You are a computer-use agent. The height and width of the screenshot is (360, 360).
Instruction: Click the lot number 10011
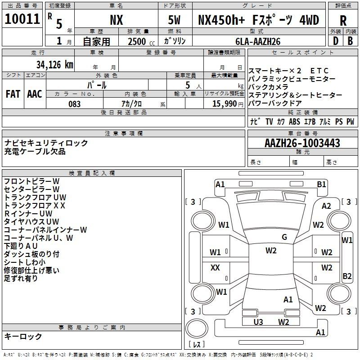[22, 19]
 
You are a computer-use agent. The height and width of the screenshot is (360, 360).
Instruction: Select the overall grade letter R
[343, 21]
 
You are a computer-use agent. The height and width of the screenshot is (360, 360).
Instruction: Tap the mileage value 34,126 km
[55, 65]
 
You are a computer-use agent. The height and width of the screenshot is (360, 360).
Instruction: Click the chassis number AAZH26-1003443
[302, 143]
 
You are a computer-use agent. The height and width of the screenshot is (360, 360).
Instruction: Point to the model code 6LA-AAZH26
[258, 41]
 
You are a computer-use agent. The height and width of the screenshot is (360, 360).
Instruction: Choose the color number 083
[74, 104]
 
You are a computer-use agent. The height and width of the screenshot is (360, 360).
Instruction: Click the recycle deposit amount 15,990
[224, 103]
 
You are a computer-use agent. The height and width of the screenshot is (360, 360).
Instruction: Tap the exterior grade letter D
[336, 41]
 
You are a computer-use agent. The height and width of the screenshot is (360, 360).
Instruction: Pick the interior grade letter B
[350, 41]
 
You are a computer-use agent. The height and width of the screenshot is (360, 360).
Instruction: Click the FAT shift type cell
[13, 94]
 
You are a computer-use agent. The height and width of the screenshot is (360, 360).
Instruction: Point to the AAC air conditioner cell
[35, 94]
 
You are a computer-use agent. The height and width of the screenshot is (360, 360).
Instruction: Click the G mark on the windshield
[284, 237]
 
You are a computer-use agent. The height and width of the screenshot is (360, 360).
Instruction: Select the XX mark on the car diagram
[215, 267]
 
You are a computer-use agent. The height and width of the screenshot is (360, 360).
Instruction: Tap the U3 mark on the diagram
[258, 322]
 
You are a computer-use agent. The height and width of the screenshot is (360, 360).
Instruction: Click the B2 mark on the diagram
[347, 276]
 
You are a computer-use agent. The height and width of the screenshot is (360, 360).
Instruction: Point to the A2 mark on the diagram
[326, 206]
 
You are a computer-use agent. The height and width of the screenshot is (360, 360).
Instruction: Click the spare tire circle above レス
[197, 328]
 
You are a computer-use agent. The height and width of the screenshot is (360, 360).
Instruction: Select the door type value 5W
[174, 20]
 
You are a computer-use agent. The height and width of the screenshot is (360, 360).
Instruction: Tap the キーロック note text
[23, 336]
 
